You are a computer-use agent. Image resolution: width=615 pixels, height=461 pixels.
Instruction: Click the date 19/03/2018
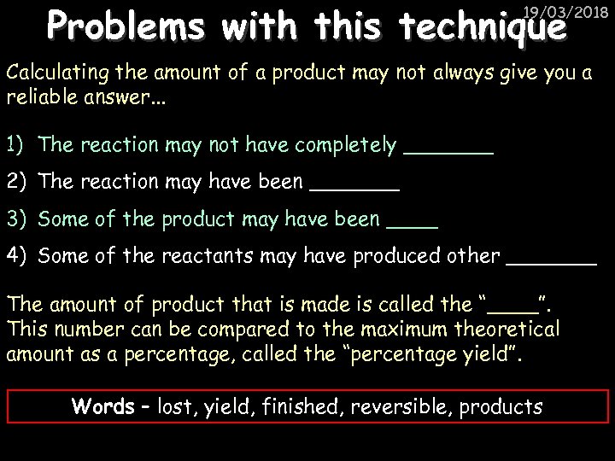[x=571, y=12]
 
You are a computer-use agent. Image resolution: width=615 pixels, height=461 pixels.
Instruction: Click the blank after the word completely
[x=448, y=152]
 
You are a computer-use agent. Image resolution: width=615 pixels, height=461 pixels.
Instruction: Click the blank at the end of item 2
[x=354, y=189]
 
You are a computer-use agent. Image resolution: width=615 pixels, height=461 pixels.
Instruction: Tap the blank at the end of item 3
[x=412, y=225]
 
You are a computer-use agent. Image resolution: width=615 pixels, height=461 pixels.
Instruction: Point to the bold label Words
[x=103, y=406]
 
